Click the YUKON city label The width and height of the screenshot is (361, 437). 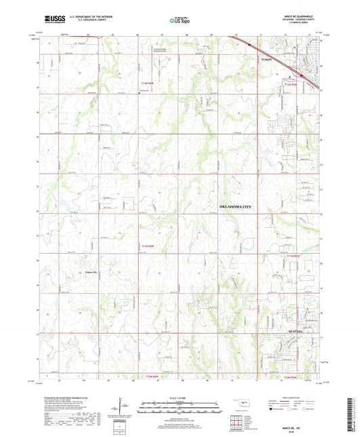(x=268, y=60)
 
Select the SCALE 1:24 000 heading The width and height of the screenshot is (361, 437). (x=179, y=397)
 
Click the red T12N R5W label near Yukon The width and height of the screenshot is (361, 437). (x=291, y=84)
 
